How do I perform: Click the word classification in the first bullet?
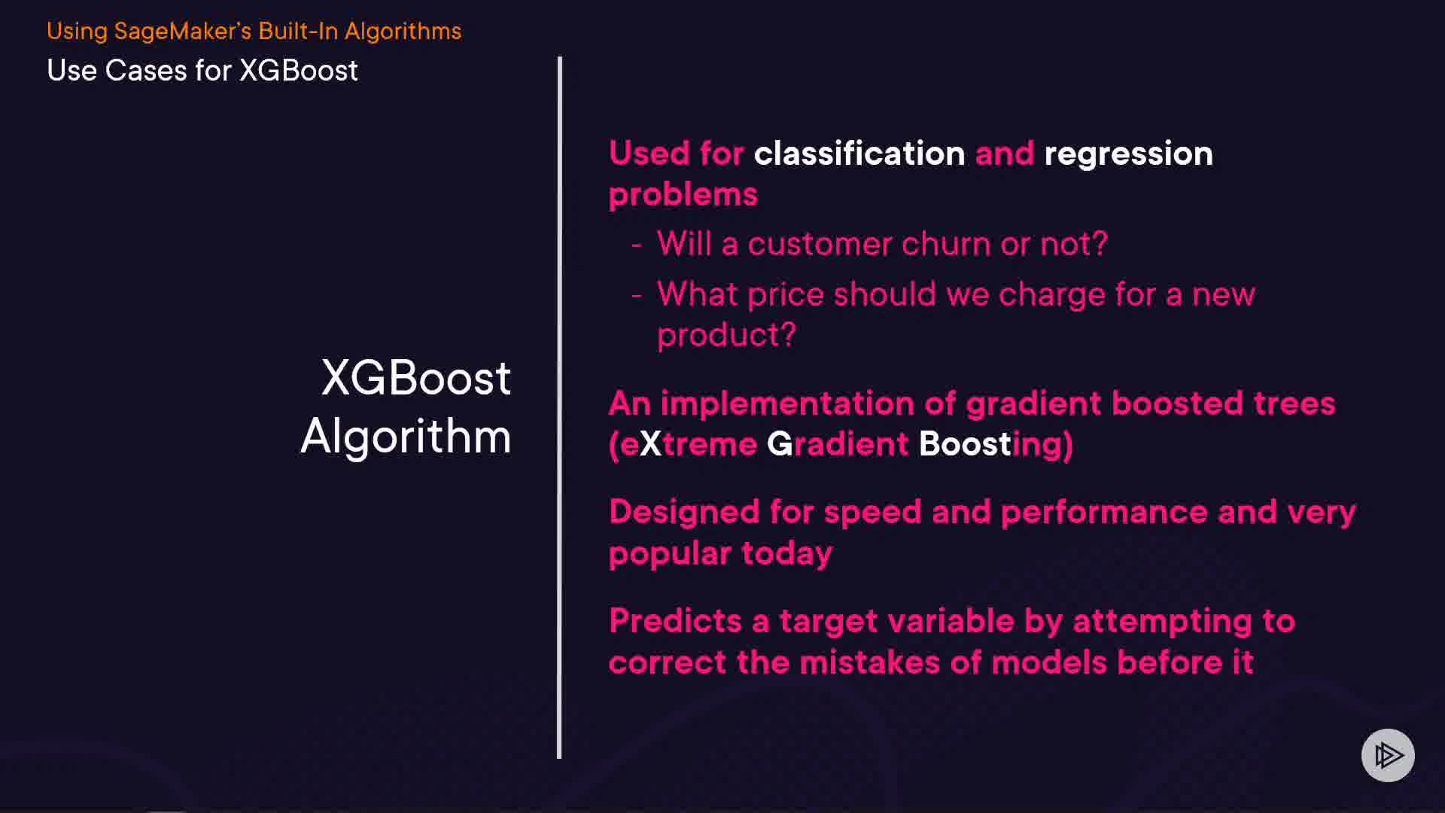click(859, 154)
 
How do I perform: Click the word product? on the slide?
click(726, 336)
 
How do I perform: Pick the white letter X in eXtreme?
click(650, 444)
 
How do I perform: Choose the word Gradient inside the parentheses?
click(838, 444)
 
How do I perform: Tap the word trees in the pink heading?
click(1294, 403)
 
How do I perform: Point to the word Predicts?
click(675, 621)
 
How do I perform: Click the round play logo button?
click(1388, 755)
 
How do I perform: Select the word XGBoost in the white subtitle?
click(298, 71)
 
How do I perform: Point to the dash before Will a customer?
click(637, 245)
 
